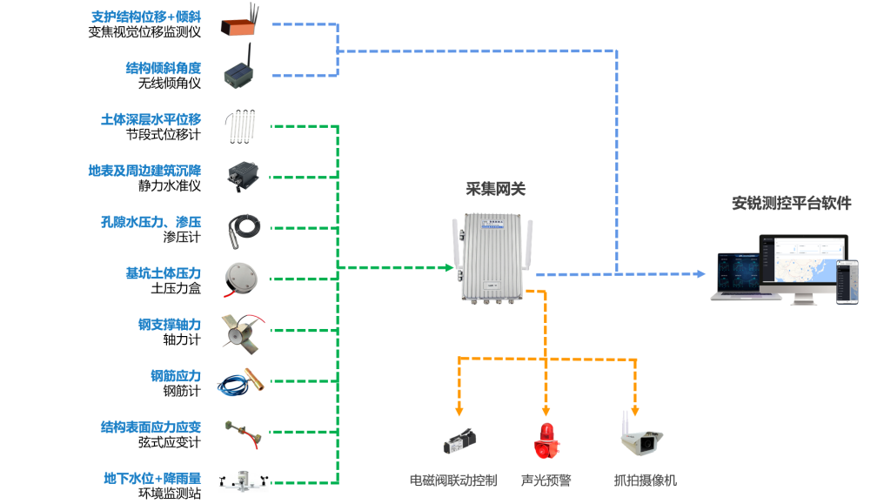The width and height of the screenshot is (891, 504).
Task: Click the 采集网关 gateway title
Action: coord(496,188)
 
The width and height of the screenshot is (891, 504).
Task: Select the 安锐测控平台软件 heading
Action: coord(791,204)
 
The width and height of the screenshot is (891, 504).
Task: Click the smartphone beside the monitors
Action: coord(847,281)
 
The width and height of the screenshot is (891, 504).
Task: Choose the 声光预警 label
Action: coord(546,480)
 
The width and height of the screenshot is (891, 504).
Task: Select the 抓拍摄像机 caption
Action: coord(645,480)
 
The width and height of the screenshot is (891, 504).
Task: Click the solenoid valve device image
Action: coord(459,442)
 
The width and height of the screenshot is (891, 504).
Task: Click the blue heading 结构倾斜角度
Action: coord(164,68)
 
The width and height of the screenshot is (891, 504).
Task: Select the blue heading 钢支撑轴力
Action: coord(170,325)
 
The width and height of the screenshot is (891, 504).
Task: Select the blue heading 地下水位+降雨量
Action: coord(152,478)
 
